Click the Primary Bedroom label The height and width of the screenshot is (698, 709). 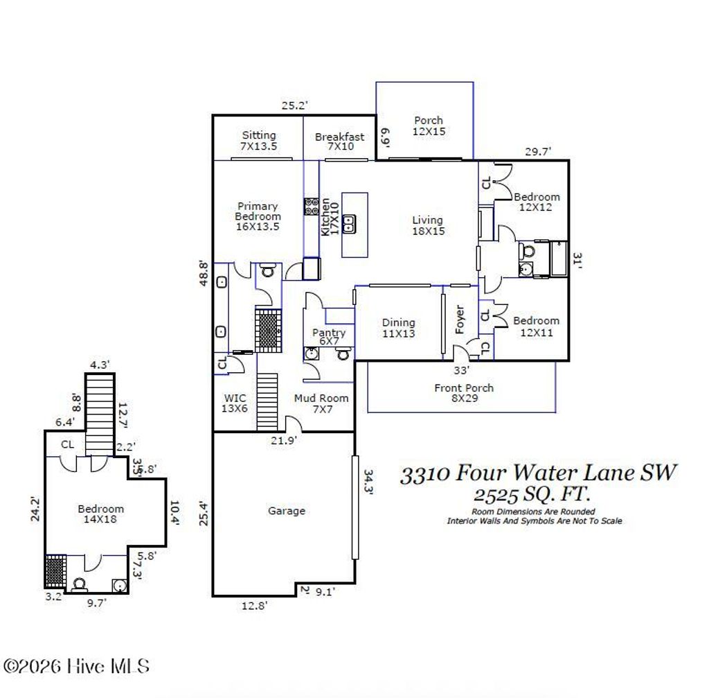pyautogui.click(x=258, y=216)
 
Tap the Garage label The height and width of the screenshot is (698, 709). pyautogui.click(x=287, y=511)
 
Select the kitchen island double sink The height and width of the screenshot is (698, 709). pyautogui.click(x=350, y=223)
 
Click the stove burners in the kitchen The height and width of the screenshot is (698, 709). pyautogui.click(x=311, y=207)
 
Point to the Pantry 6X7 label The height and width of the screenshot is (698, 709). pyautogui.click(x=328, y=338)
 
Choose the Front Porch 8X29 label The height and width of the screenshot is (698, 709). pyautogui.click(x=464, y=393)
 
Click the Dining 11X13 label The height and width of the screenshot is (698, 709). pyautogui.click(x=399, y=328)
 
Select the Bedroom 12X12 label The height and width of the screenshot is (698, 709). pyautogui.click(x=536, y=202)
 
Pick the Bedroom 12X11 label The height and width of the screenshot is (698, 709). pyautogui.click(x=536, y=326)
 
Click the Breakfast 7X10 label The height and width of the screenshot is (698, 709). pyautogui.click(x=339, y=142)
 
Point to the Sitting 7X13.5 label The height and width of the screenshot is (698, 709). pyautogui.click(x=258, y=141)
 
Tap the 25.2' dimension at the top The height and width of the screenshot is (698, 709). pyautogui.click(x=294, y=106)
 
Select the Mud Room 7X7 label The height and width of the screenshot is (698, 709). pyautogui.click(x=321, y=403)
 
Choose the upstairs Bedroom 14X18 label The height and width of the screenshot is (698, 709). pyautogui.click(x=100, y=514)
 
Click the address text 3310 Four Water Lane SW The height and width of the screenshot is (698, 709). pyautogui.click(x=538, y=473)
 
